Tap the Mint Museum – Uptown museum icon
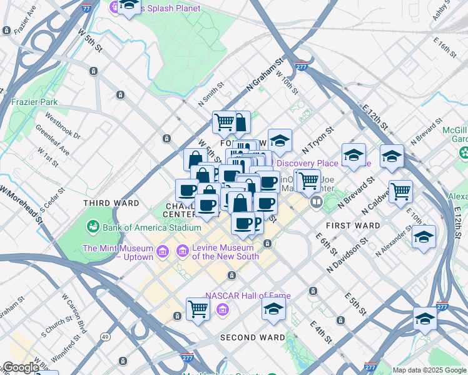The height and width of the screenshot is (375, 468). tap(162, 252)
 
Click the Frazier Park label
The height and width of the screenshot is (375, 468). tap(34, 101)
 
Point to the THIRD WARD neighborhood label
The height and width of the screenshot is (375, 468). tap(111, 203)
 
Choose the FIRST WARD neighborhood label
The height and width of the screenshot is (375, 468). tap(353, 225)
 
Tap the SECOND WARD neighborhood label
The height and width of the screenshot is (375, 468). tap(252, 337)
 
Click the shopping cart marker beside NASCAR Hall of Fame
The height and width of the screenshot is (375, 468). tap(198, 308)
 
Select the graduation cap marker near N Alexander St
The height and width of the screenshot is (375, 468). tap(424, 237)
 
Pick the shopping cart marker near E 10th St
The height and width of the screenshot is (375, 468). tap(400, 191)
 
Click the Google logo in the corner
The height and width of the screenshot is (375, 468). tap(21, 367)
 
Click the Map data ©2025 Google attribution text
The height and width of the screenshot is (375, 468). tap(429, 370)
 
